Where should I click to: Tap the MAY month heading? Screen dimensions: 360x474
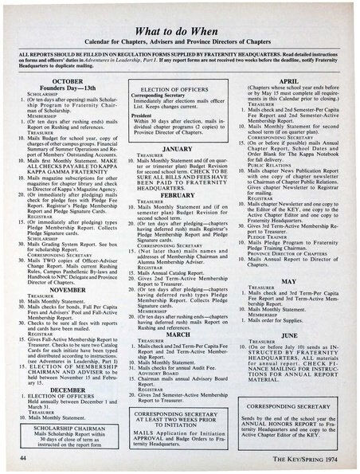(288, 280)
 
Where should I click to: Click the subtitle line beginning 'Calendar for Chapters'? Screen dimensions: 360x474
(179, 41)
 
